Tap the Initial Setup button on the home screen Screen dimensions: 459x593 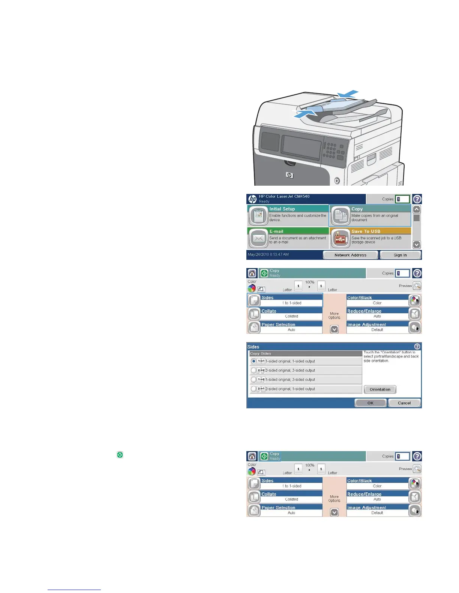click(288, 215)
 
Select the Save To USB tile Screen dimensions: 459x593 click(370, 238)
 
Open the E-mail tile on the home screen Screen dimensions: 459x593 click(288, 238)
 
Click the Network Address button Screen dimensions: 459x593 click(350, 255)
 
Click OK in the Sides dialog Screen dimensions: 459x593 click(370, 403)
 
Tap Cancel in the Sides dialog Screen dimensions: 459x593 click(404, 403)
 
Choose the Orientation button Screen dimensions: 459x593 click(380, 389)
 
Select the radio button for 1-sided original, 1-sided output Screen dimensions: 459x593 click(254, 361)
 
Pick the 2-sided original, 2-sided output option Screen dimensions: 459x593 click(254, 371)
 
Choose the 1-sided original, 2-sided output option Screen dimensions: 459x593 click(254, 380)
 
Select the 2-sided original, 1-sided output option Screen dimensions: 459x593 click(254, 389)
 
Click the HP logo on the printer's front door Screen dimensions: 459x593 click(289, 175)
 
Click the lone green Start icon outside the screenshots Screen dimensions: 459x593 click(120, 455)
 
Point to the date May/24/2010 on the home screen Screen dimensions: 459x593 click(268, 255)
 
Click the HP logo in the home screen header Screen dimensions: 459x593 click(253, 199)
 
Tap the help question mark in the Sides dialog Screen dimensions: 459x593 click(417, 347)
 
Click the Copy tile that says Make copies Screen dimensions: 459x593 click(370, 215)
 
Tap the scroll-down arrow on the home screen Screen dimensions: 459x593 click(416, 244)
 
